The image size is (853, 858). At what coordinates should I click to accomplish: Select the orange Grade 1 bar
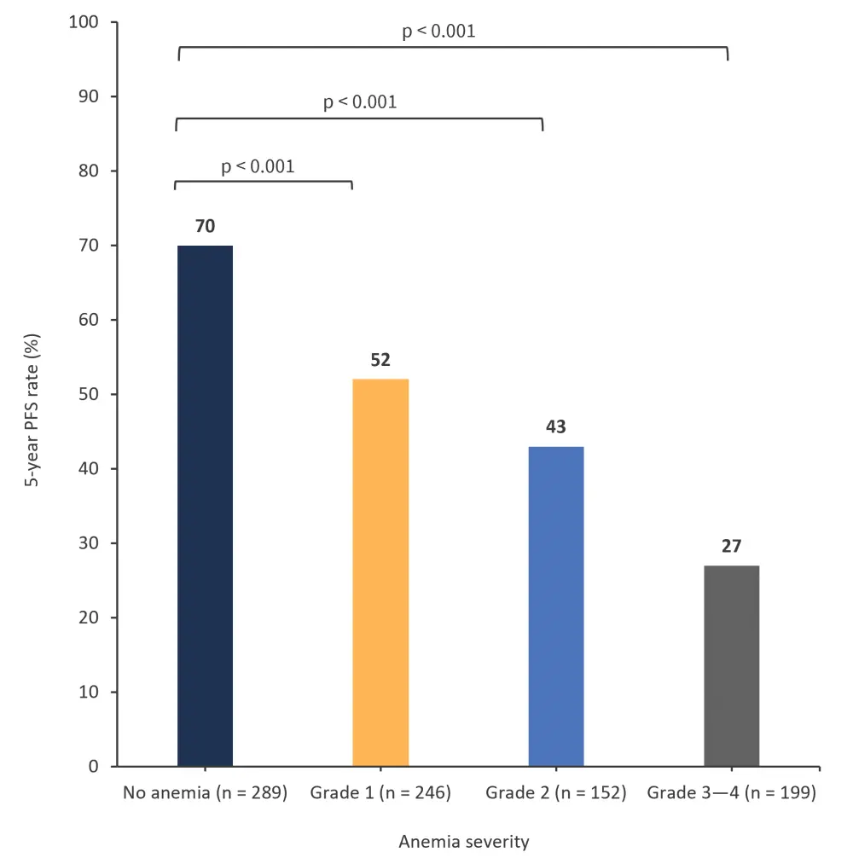[x=380, y=572]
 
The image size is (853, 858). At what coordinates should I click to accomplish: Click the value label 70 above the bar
[x=205, y=227]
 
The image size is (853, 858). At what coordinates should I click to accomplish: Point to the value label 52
[x=380, y=361]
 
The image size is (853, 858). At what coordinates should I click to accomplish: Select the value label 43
[x=556, y=427]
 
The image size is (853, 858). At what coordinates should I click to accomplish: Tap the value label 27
[x=732, y=547]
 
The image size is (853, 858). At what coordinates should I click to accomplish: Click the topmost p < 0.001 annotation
[x=438, y=32]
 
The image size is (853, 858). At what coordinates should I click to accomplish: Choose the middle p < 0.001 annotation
[x=360, y=103]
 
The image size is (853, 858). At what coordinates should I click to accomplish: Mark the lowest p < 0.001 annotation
[x=258, y=166]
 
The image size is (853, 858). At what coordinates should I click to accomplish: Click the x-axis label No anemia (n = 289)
[x=205, y=793]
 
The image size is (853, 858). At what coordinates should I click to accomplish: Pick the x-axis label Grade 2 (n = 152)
[x=556, y=793]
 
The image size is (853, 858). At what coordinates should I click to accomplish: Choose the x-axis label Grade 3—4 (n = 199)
[x=732, y=793]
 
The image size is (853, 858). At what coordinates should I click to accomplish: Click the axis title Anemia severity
[x=464, y=842]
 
